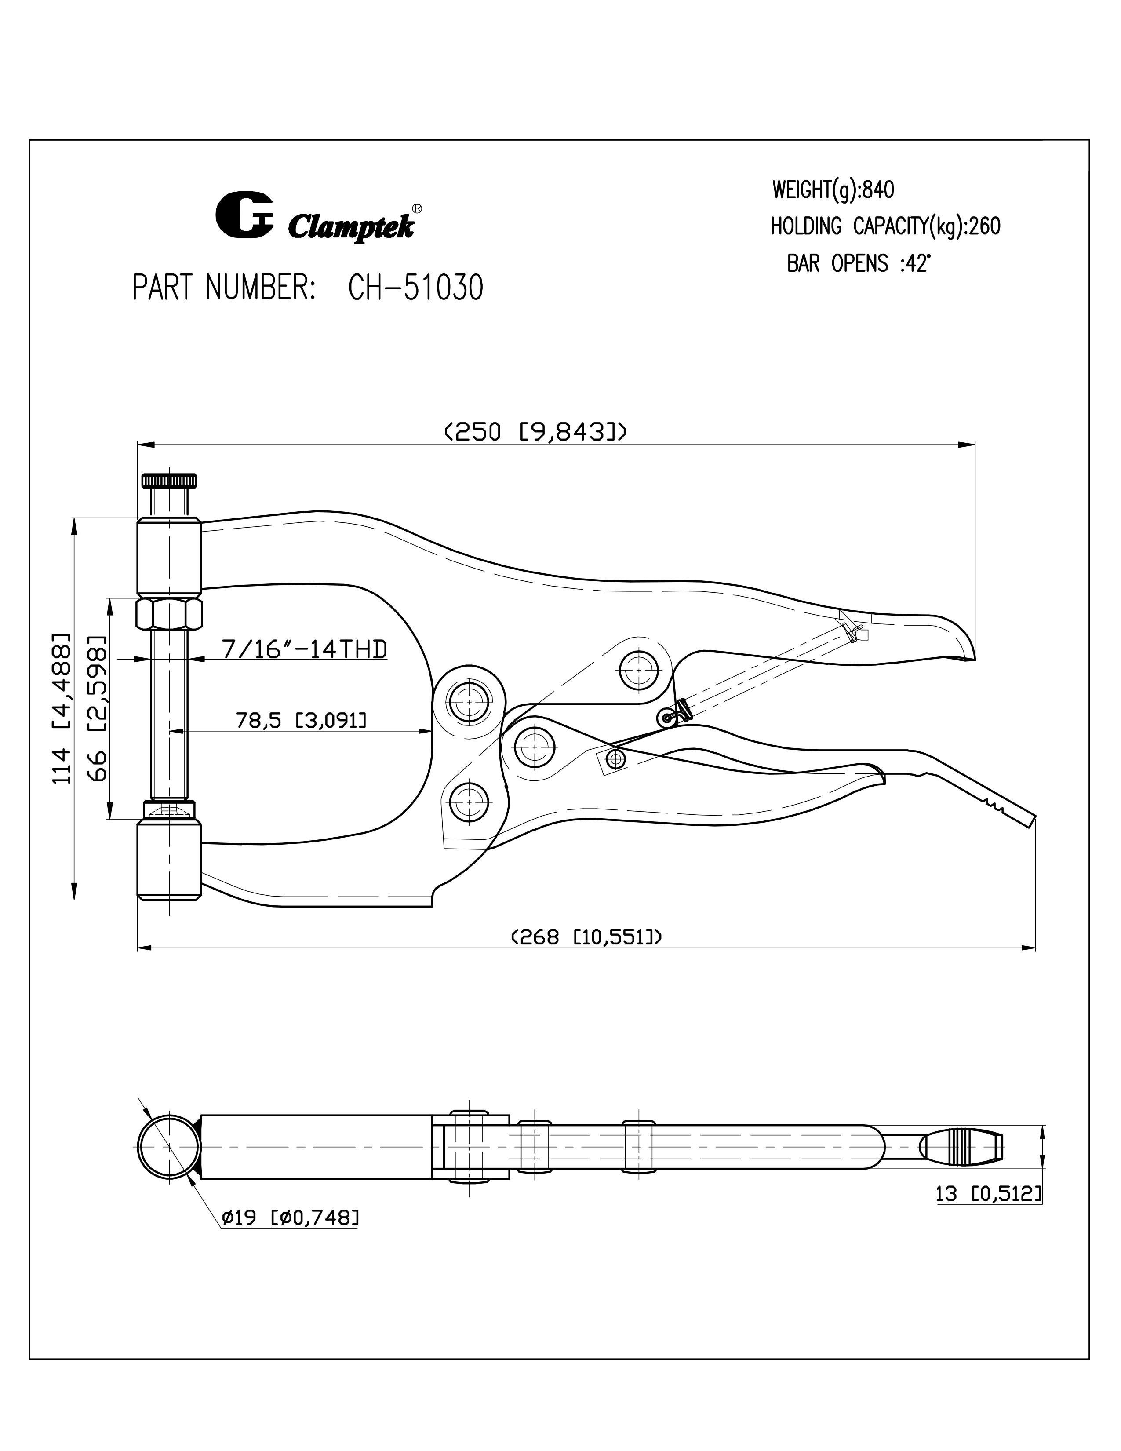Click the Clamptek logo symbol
(244, 214)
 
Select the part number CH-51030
(416, 288)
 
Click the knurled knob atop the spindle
(169, 480)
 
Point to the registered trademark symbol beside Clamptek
(416, 208)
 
